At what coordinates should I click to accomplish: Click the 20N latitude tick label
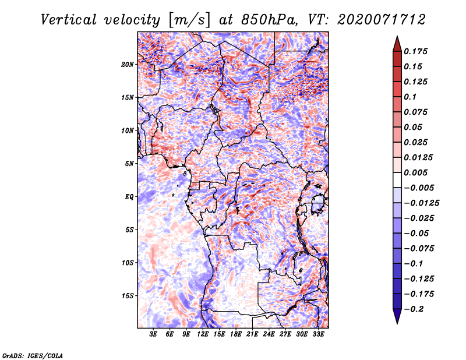tap(128, 65)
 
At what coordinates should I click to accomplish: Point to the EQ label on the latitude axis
tap(129, 197)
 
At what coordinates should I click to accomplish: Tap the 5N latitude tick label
tap(129, 164)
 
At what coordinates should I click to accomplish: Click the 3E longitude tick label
tap(153, 334)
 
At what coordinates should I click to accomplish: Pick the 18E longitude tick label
tap(236, 334)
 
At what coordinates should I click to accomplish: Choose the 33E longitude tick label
tap(318, 334)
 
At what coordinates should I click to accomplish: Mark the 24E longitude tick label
tap(269, 334)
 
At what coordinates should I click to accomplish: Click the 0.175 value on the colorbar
tap(415, 51)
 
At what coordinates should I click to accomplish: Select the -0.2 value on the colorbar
tap(414, 309)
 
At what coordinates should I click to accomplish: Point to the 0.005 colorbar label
tap(415, 172)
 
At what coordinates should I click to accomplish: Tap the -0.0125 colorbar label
tap(421, 203)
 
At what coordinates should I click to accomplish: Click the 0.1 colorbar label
tap(410, 97)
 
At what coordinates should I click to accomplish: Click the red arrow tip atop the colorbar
tap(397, 36)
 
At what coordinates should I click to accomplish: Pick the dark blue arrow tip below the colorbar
tap(397, 323)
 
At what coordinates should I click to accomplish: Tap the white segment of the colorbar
tap(397, 180)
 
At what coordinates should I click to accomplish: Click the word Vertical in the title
tap(69, 20)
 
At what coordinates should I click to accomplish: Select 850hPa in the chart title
tap(269, 20)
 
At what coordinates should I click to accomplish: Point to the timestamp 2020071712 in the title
tap(382, 20)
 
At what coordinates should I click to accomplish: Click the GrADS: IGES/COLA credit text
tap(33, 355)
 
